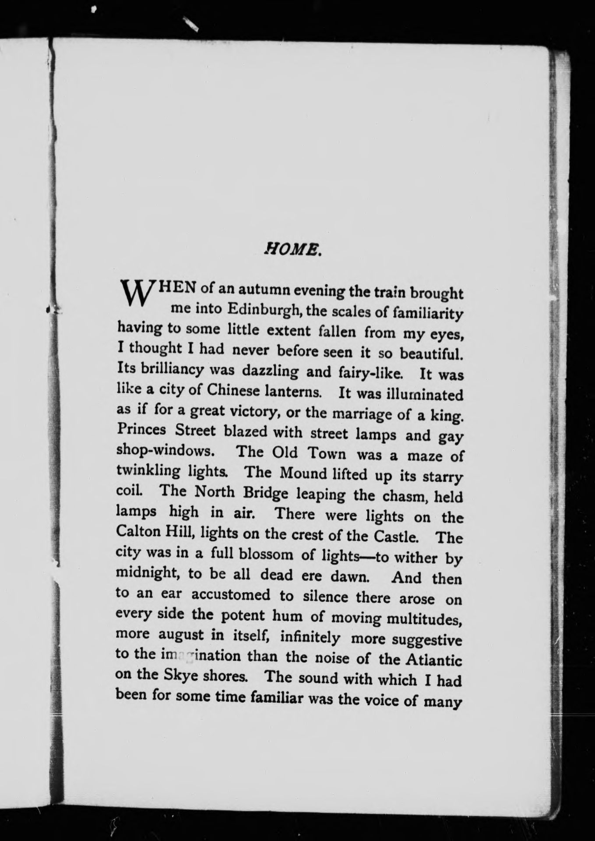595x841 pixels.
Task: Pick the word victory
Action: pyautogui.click(x=253, y=412)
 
